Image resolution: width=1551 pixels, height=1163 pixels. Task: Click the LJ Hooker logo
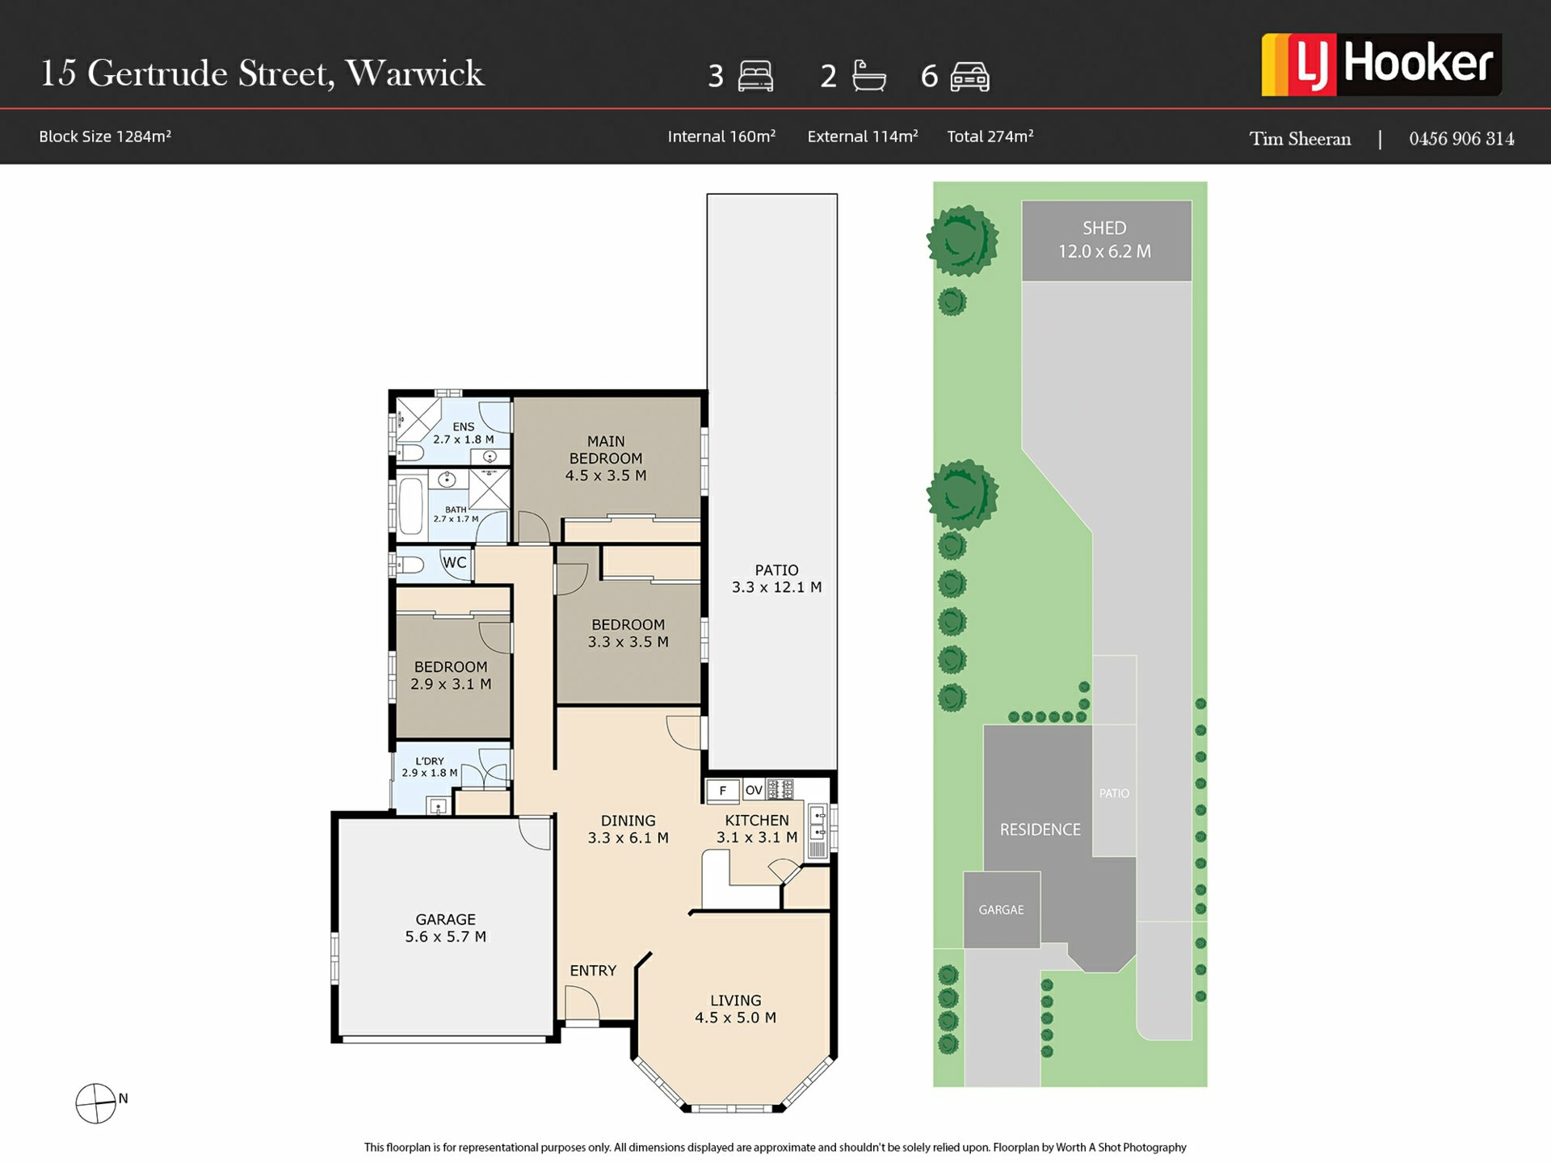[x=1381, y=65]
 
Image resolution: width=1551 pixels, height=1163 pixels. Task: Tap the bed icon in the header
[x=755, y=76]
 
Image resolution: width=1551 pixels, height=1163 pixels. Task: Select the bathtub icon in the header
[x=869, y=76]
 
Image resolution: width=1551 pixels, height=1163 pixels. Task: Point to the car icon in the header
[x=970, y=77]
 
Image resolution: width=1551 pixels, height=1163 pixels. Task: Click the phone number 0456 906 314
[x=1461, y=139]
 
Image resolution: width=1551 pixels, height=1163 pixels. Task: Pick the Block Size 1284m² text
[x=105, y=136]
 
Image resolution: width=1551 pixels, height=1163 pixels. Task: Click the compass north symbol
[x=96, y=1103]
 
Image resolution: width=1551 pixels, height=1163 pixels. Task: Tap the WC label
[x=454, y=562]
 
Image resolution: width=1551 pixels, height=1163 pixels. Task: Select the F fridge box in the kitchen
[x=723, y=791]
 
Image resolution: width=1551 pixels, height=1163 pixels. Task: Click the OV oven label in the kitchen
[x=754, y=790]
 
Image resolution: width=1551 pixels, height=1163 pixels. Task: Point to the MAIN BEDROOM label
[x=606, y=458]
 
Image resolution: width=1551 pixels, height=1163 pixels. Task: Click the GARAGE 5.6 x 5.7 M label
[x=445, y=928]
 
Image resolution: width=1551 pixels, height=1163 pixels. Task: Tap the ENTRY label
[x=593, y=971]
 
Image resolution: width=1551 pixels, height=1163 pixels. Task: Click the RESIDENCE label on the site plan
[x=1040, y=829]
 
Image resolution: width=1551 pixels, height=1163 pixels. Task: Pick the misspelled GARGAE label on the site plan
[x=1001, y=910]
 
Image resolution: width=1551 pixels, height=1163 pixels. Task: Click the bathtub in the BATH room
[x=410, y=506]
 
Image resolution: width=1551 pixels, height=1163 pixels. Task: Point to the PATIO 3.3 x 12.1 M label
[x=776, y=579]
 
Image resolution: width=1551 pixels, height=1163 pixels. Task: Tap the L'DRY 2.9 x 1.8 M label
[x=430, y=767]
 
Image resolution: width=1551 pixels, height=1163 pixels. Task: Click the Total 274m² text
[x=990, y=136]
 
